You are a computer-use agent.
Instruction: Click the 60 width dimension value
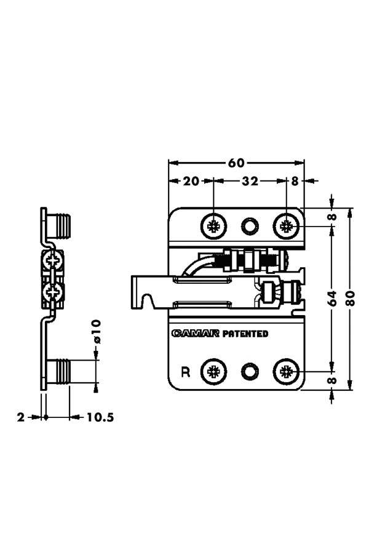tap(236, 163)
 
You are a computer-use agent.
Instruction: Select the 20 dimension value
tap(191, 181)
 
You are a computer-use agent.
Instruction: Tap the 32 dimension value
tap(249, 181)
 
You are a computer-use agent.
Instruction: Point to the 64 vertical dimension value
tap(331, 299)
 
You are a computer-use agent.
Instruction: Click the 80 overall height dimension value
tap(351, 299)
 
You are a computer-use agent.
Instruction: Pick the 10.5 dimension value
tap(100, 417)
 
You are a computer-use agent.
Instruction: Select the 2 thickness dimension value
tap(20, 417)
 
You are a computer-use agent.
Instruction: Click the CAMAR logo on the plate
tap(196, 334)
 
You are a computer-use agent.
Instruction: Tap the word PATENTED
tap(245, 334)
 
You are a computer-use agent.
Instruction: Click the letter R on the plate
tap(185, 371)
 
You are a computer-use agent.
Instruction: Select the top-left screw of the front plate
tap(214, 227)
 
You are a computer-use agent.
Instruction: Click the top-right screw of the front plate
tap(286, 227)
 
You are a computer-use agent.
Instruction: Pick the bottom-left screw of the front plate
tap(214, 371)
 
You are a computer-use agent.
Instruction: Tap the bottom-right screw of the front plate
tap(286, 371)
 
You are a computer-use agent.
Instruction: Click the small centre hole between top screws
tap(250, 227)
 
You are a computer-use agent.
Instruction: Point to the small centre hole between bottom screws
tap(250, 371)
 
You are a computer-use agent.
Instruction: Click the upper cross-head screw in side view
tap(53, 262)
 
